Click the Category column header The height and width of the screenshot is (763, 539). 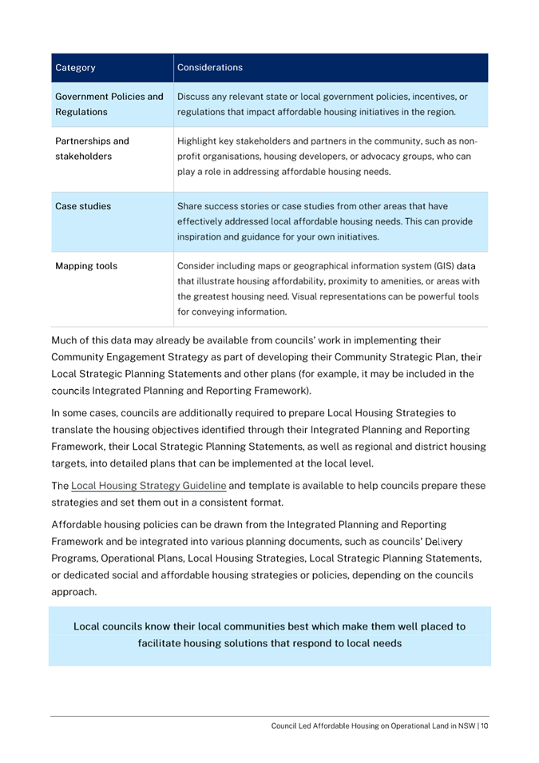(x=75, y=67)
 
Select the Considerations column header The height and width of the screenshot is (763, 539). (x=210, y=67)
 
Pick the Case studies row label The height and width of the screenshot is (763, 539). (x=82, y=206)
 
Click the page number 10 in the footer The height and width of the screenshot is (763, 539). (x=484, y=725)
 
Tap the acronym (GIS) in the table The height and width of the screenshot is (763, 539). (x=449, y=265)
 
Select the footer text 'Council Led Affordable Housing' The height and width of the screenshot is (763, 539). (x=335, y=725)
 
